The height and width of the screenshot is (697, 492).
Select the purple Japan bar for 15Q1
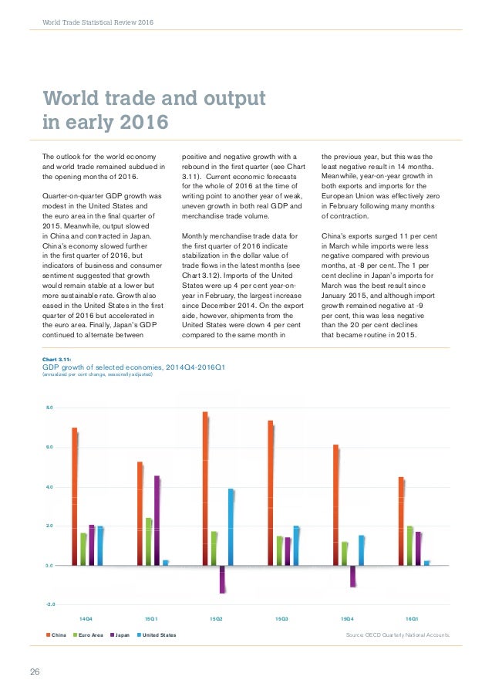click(157, 520)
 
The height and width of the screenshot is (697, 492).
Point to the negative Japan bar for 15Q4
click(352, 576)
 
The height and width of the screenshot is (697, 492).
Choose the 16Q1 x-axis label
click(412, 619)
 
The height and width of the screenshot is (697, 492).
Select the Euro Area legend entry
click(89, 635)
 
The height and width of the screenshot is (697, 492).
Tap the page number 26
click(35, 671)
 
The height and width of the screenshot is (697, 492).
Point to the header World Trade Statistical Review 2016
click(97, 22)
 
